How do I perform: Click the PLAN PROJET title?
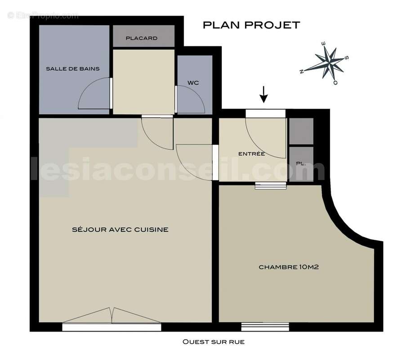(251, 25)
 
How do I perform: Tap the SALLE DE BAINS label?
(72, 68)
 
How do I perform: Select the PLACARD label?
(142, 38)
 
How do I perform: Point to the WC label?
(193, 83)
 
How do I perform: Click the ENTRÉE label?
(251, 154)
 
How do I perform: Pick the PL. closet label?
(301, 164)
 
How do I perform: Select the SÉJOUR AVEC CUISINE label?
(120, 229)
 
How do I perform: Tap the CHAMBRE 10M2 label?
(289, 267)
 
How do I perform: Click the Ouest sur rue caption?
(213, 342)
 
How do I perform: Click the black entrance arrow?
(264, 95)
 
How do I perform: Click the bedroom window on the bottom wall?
(265, 326)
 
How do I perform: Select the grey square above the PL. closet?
(301, 131)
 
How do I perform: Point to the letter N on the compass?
(302, 71)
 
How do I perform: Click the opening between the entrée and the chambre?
(270, 185)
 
